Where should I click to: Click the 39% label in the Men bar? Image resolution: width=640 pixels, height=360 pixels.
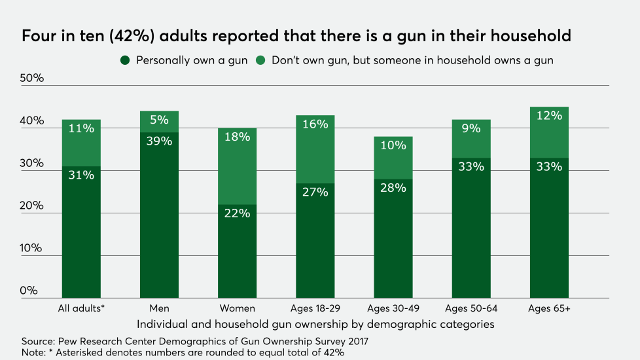[159, 141]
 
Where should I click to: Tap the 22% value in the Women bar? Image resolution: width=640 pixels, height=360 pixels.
[238, 213]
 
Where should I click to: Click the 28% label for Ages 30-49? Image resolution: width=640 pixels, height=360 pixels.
[393, 188]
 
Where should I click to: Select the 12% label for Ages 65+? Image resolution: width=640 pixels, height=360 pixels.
[548, 116]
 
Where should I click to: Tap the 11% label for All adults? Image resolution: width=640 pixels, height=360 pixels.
[81, 129]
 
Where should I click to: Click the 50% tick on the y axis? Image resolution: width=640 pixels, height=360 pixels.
[33, 78]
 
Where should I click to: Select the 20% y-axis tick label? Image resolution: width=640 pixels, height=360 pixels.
[33, 206]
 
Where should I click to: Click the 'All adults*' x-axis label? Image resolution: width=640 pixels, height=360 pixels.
[81, 308]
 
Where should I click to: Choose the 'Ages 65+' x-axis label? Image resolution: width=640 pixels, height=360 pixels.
[548, 308]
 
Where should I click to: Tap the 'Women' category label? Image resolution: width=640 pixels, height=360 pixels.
[238, 308]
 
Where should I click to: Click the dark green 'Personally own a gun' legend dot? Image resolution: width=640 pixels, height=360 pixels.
[124, 60]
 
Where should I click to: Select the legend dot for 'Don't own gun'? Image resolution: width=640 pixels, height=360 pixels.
[260, 60]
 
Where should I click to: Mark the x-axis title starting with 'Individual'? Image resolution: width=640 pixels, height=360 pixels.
[316, 323]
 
